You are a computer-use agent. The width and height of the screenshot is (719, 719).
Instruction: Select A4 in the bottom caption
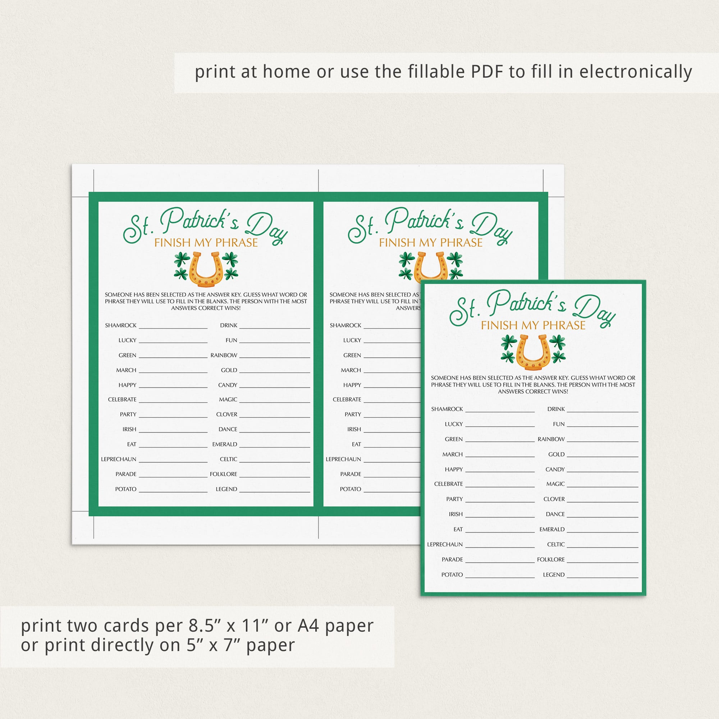pos(308,626)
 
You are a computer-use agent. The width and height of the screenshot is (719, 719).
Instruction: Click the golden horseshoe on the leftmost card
pos(206,269)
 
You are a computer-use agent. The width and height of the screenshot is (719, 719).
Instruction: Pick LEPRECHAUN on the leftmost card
pos(119,459)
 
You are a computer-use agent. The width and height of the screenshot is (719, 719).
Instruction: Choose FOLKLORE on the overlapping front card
pos(551,559)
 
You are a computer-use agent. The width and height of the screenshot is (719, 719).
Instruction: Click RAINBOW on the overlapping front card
pos(551,439)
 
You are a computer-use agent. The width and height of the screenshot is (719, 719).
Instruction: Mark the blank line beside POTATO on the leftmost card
pos(173,492)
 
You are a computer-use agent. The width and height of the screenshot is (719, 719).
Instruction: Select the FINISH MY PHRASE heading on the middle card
pos(431,243)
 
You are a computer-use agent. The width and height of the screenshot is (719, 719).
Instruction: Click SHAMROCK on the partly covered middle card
pos(345,325)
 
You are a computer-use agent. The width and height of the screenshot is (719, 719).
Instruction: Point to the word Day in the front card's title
pos(595,310)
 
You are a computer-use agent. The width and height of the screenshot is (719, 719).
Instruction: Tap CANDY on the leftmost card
pos(228,385)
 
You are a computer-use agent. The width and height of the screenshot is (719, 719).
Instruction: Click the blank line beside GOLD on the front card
pos(603,457)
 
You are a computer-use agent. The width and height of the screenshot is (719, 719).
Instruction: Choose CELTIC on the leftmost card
pos(229,459)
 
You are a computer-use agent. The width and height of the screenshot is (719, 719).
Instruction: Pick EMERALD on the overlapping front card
pos(552,529)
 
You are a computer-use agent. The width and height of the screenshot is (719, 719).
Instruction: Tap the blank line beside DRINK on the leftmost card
pos(275,328)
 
